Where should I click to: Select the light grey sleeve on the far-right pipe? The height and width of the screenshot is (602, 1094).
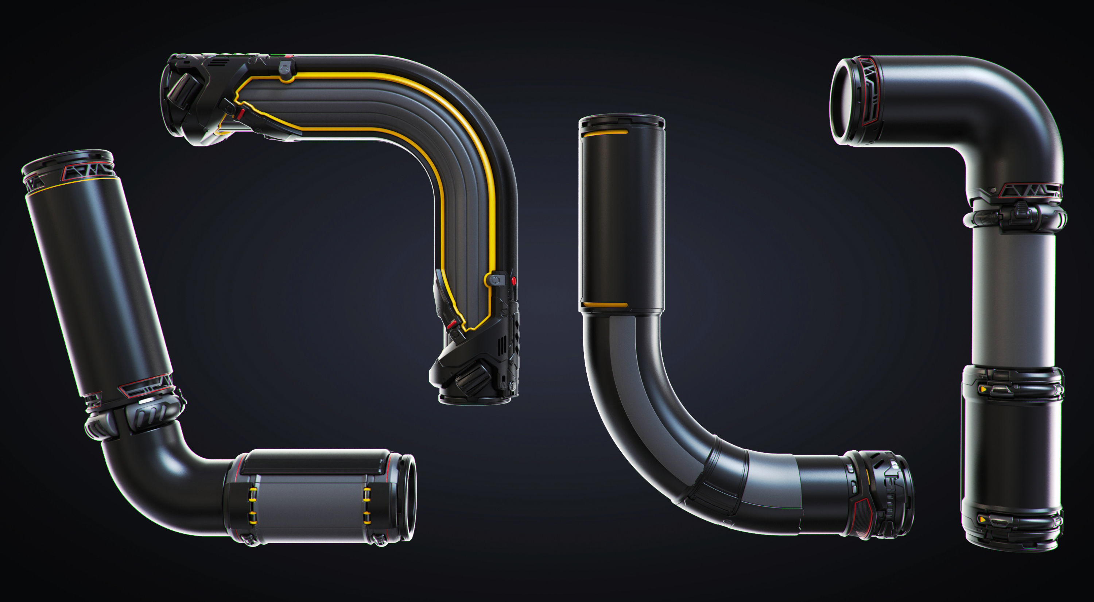tap(1013, 297)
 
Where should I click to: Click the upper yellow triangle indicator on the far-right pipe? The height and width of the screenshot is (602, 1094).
tap(982, 389)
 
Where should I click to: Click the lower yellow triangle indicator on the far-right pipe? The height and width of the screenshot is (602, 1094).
tap(982, 519)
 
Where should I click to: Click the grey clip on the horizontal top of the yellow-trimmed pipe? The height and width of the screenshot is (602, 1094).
tap(286, 68)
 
